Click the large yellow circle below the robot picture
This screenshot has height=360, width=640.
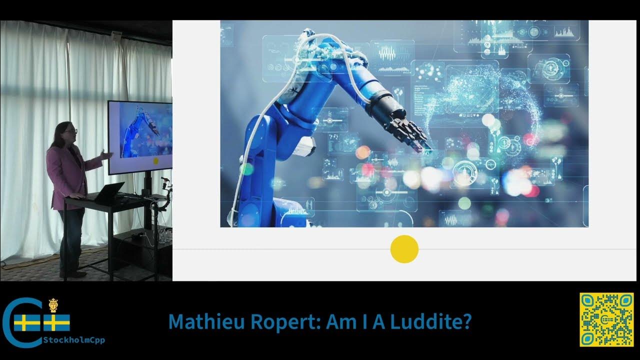point(404,249)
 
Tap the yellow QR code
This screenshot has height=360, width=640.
point(606,320)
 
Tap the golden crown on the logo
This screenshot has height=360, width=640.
point(53,305)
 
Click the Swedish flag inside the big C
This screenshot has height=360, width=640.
point(27,322)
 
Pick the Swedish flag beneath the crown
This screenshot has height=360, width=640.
point(56,322)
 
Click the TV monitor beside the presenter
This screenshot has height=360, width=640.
point(140,136)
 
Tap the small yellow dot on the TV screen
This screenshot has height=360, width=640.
point(155,160)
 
